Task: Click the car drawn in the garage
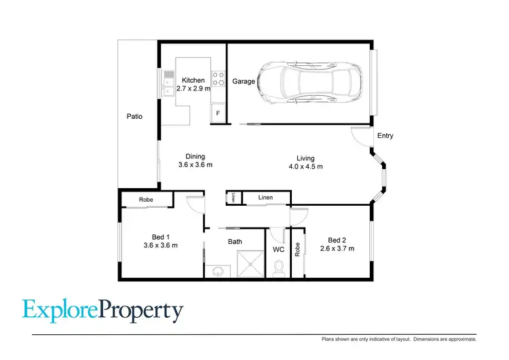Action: pyautogui.click(x=305, y=83)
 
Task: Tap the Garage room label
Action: pyautogui.click(x=244, y=82)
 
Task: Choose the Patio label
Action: pyautogui.click(x=134, y=116)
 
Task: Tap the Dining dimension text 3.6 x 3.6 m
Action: pyautogui.click(x=195, y=165)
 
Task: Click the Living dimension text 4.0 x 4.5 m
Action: pyautogui.click(x=305, y=166)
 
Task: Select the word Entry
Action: pyautogui.click(x=385, y=136)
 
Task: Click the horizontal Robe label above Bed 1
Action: pyautogui.click(x=145, y=200)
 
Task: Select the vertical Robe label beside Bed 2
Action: pyautogui.click(x=297, y=249)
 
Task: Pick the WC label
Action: pyautogui.click(x=278, y=249)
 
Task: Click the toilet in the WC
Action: pyautogui.click(x=278, y=270)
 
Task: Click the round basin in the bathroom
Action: pyautogui.click(x=216, y=272)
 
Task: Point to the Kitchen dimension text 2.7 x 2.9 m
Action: pyautogui.click(x=193, y=88)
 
